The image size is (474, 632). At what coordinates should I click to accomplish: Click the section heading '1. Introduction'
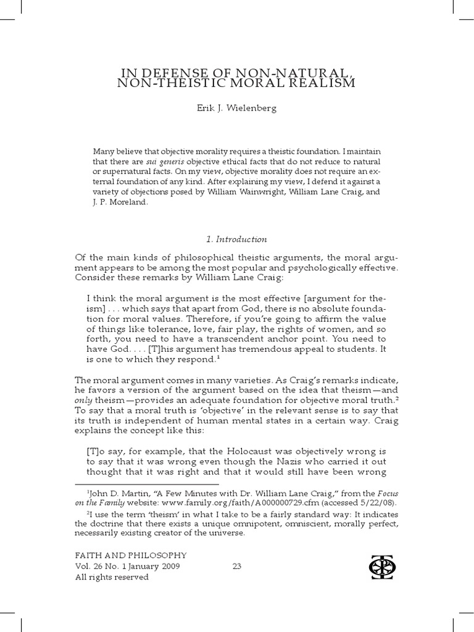click(x=236, y=239)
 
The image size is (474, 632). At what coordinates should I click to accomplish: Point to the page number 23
click(x=236, y=566)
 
